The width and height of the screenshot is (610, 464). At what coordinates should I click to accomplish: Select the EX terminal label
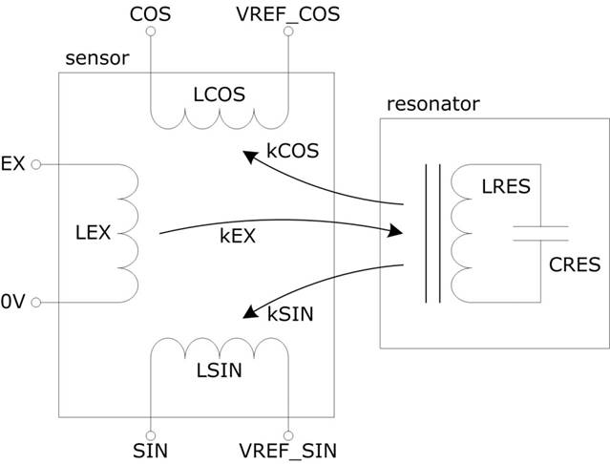[13, 164]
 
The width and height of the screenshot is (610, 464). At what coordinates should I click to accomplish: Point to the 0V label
[13, 303]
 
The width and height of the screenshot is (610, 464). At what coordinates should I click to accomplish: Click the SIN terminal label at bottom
[151, 448]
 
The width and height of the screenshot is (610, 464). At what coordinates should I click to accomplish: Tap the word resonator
[432, 103]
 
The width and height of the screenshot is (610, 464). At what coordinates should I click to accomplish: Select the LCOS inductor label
[219, 94]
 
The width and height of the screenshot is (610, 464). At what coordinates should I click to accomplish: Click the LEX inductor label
[92, 232]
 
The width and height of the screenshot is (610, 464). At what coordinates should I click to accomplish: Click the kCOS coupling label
[294, 151]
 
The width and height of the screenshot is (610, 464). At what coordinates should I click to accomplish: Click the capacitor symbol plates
[539, 232]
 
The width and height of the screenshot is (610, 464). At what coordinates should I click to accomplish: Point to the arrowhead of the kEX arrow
[394, 230]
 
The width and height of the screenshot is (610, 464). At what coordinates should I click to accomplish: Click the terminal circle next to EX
[35, 164]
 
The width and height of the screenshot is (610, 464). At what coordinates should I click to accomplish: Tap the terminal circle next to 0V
[35, 303]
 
